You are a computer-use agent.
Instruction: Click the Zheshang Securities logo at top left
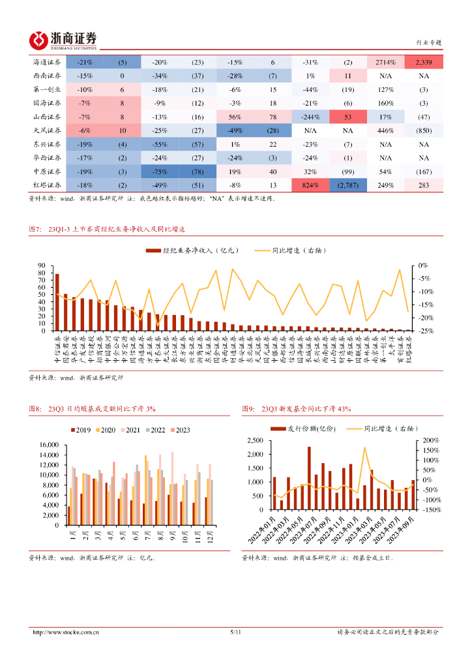point(64,40)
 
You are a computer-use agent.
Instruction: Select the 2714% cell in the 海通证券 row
point(385,62)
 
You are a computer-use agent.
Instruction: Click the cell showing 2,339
point(424,62)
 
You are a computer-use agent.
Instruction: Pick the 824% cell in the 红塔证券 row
point(310,185)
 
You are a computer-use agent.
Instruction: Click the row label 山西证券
point(47,117)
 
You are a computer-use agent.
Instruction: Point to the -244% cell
point(310,117)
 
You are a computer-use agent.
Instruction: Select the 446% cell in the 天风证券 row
point(385,130)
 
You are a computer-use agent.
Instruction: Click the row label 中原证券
point(47,172)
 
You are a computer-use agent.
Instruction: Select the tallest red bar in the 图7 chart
point(57,302)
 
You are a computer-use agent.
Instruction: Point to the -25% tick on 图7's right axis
point(422,331)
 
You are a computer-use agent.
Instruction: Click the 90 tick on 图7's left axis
point(40,266)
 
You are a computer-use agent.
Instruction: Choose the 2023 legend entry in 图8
point(179,429)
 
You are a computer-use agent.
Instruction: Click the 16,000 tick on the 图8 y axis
point(49,445)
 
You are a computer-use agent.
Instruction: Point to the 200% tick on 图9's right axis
point(430,440)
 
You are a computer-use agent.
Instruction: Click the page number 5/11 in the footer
point(236,632)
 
